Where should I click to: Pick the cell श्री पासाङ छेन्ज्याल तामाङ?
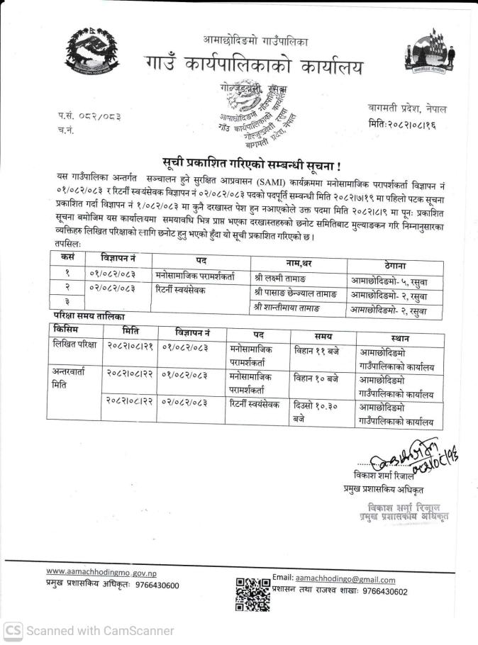[x=296, y=291]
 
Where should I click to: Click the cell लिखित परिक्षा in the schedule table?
[x=74, y=345]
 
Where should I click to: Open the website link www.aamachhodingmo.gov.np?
[x=101, y=572]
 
